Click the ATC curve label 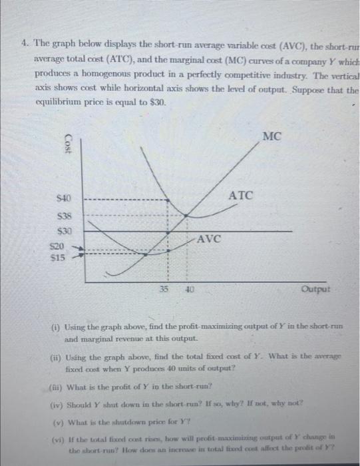tap(240, 195)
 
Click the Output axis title tap(314, 290)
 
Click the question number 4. tap(23, 44)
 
